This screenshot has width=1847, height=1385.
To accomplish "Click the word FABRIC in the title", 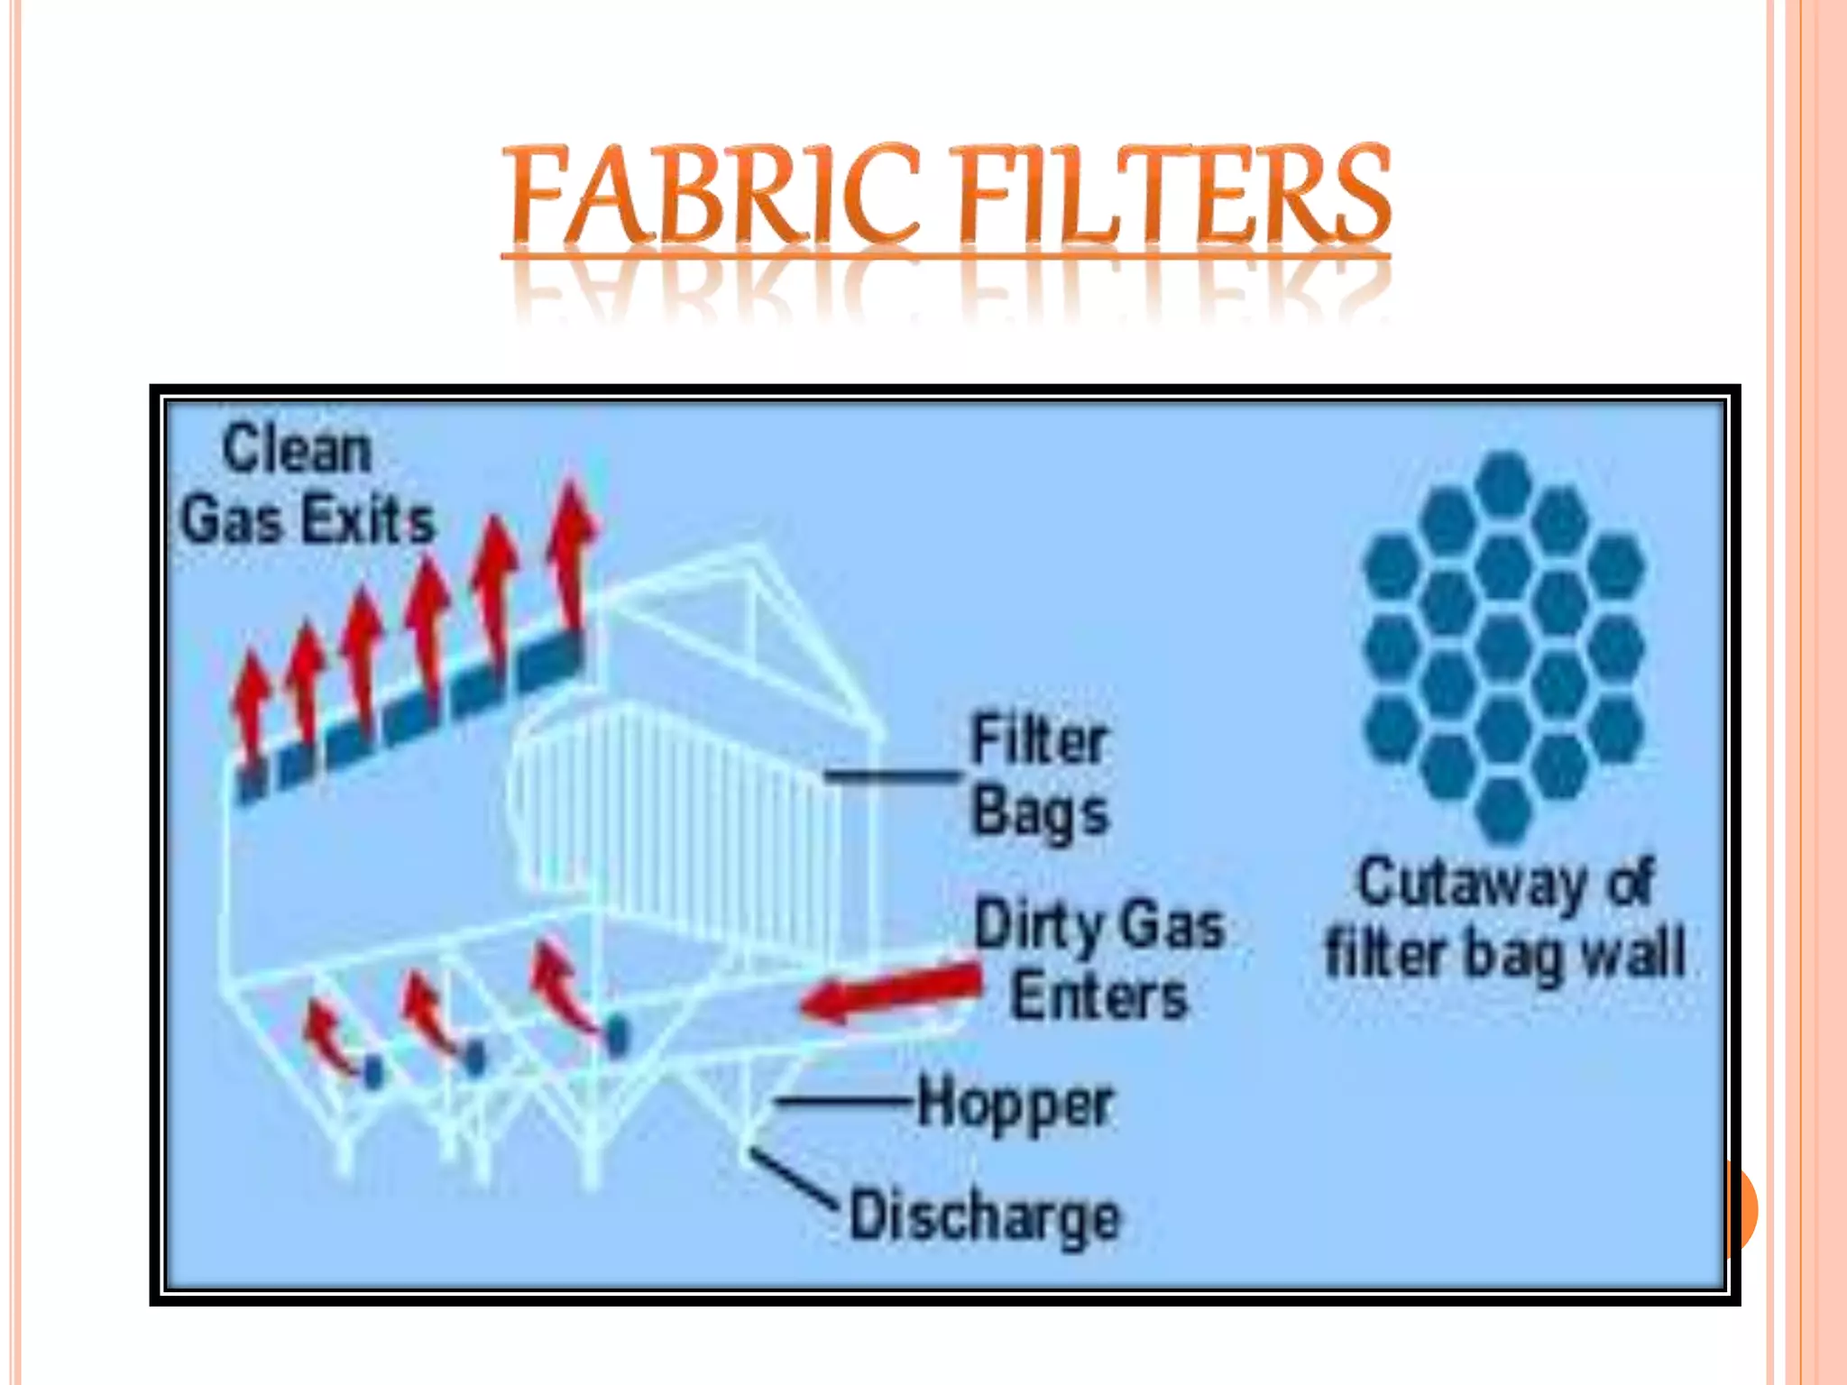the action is pos(712,196).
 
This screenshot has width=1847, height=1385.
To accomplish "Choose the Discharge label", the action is pos(985,1216).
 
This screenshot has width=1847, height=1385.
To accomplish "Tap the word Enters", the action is pos(1098,996).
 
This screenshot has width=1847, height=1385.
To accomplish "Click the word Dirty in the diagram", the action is pos(1035,925).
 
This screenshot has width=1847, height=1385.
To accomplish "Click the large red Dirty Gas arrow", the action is pos(893,992).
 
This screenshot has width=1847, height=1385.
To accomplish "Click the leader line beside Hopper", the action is pos(843,1101).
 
